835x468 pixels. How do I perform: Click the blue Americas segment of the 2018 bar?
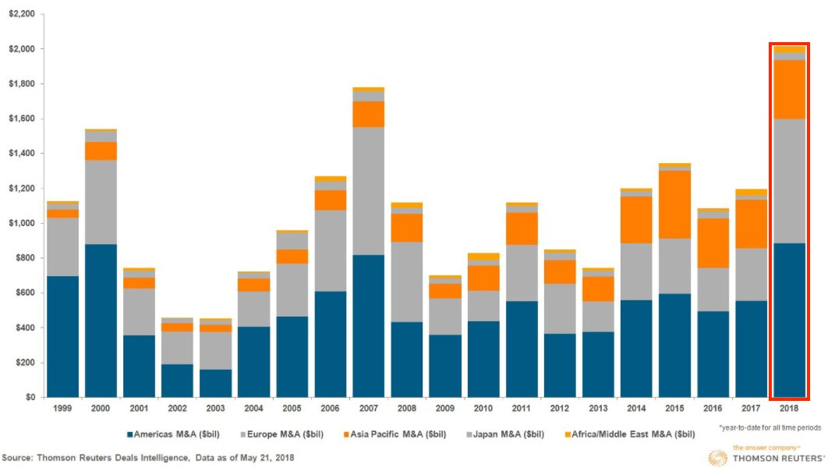tap(789, 320)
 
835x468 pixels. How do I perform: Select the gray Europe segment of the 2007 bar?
tap(369, 191)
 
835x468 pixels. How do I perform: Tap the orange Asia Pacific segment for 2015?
tap(674, 204)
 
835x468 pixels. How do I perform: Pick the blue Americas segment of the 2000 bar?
tap(101, 321)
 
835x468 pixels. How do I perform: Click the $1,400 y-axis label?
tap(23, 154)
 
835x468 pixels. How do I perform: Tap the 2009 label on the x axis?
tap(445, 409)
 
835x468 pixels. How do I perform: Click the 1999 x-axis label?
tap(63, 409)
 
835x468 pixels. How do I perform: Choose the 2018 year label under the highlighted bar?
tap(789, 409)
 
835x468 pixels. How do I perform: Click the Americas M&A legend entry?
tap(167, 434)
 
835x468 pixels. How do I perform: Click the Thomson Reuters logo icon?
tap(718, 457)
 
